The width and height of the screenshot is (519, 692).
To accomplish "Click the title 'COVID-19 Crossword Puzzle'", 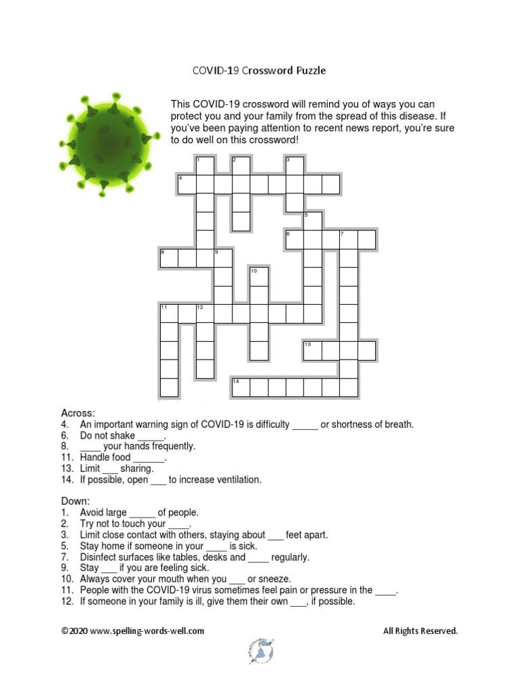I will [x=259, y=70].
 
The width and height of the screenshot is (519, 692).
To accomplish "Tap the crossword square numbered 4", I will [x=187, y=184].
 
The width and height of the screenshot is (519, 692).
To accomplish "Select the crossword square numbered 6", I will [x=294, y=239].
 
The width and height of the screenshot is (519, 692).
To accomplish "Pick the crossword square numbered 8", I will [x=169, y=258].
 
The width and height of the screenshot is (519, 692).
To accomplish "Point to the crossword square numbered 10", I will [x=259, y=276].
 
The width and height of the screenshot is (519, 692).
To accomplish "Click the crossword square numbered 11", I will [x=169, y=314].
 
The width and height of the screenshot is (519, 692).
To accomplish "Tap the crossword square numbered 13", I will [x=312, y=350].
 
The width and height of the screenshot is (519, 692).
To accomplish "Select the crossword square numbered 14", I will [x=241, y=387].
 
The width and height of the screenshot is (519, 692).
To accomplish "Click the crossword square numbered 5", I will [x=312, y=221].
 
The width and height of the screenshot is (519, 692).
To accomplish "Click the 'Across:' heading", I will [x=78, y=413].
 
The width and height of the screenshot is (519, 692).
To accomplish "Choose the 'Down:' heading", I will [x=75, y=501].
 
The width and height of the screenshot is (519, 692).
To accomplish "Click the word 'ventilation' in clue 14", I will [x=237, y=480].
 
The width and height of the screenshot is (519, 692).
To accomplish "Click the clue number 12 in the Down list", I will [x=66, y=601].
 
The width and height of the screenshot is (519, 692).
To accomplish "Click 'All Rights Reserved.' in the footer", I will [x=420, y=631].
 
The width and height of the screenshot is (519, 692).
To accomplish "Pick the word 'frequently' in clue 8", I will [x=173, y=446].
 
